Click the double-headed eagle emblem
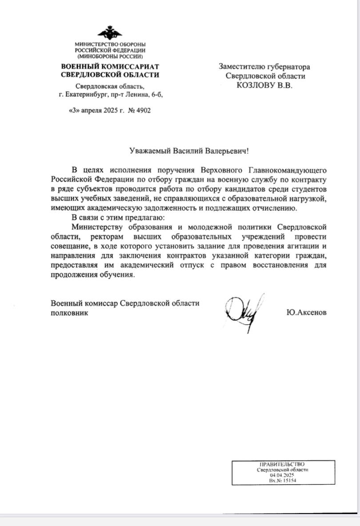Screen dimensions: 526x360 click(110, 32)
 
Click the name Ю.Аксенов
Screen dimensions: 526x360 click(307, 313)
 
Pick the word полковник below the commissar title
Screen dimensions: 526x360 click(69, 313)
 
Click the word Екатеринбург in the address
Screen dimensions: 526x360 click(88, 95)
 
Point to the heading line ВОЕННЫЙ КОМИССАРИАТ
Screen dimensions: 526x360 click(110, 67)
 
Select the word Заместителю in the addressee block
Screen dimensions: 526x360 click(241, 67)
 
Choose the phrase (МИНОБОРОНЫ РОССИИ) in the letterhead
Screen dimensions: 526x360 click(110, 56)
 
